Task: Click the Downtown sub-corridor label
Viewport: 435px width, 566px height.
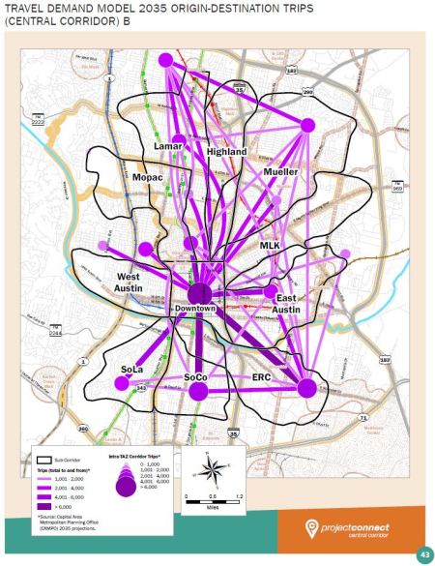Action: (195, 308)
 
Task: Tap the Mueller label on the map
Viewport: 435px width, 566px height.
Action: (281, 171)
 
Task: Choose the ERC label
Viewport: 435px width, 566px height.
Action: (262, 376)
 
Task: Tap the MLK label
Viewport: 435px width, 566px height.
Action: (270, 246)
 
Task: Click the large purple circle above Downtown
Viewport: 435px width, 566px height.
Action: (199, 291)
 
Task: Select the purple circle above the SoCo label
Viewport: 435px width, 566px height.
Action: (199, 392)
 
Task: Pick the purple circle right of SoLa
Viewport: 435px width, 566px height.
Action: (122, 383)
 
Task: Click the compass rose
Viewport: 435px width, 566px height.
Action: (209, 472)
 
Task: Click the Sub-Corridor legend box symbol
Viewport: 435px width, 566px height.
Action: (43, 460)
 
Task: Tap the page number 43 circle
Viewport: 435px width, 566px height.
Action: (422, 554)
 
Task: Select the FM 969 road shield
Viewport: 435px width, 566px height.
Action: (397, 189)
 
